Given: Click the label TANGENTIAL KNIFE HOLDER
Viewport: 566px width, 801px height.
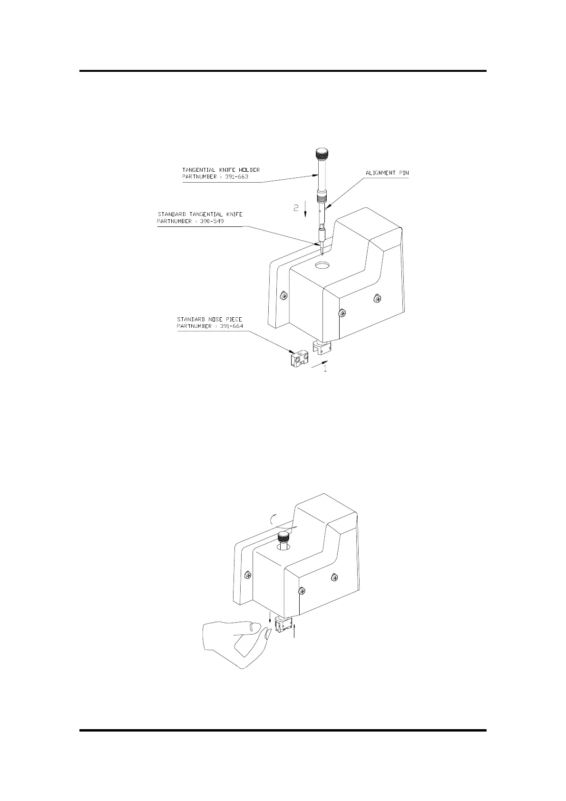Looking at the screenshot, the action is (x=221, y=170).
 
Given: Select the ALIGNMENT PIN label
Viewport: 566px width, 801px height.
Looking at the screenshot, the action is (x=387, y=173).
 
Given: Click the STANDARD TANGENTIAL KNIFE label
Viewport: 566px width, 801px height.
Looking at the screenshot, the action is (x=200, y=214).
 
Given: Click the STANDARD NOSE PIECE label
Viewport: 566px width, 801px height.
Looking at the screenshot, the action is (x=209, y=319).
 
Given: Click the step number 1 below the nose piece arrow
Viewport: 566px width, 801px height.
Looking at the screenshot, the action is (x=325, y=369).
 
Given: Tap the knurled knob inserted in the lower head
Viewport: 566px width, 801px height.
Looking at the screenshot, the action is (x=284, y=538).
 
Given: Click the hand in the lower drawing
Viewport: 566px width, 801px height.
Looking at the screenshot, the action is (x=233, y=642).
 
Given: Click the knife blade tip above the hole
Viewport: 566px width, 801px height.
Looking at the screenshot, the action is (x=322, y=249).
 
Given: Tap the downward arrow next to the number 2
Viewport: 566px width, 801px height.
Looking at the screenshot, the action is (x=305, y=209).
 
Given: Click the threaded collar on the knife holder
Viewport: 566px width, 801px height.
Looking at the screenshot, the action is (x=322, y=195).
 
